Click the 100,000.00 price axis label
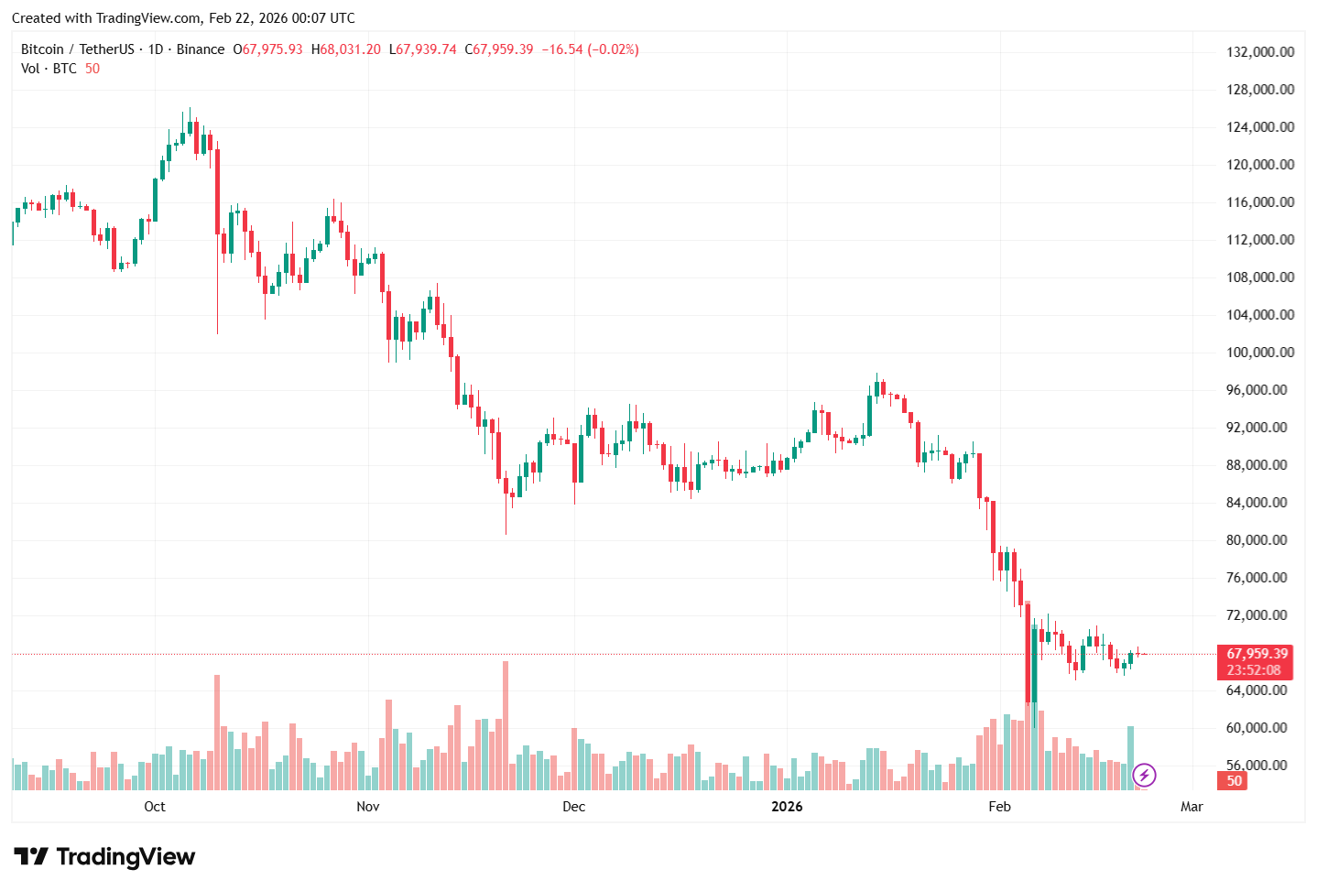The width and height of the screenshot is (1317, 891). click(1259, 353)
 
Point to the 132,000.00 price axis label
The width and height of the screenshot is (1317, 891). click(1259, 52)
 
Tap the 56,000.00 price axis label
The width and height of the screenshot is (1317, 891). click(1259, 766)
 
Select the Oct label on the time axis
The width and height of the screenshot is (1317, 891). click(155, 807)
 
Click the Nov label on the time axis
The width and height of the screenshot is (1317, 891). click(367, 807)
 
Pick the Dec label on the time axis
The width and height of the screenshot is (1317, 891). click(573, 807)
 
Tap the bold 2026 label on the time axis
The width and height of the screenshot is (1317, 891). click(787, 807)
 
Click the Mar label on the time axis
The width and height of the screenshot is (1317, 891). click(1192, 807)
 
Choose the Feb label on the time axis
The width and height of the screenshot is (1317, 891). click(999, 807)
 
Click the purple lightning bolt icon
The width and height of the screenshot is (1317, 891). click(1144, 776)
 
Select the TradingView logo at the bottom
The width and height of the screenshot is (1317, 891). click(104, 857)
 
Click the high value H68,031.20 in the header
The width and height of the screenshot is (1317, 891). click(345, 49)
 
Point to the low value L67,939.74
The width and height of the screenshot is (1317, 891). click(422, 49)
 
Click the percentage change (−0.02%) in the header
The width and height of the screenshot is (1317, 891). click(613, 49)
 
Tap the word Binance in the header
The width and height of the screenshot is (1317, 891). click(200, 49)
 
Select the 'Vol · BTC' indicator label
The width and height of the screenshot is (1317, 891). click(49, 69)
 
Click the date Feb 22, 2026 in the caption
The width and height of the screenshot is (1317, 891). click(247, 18)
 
